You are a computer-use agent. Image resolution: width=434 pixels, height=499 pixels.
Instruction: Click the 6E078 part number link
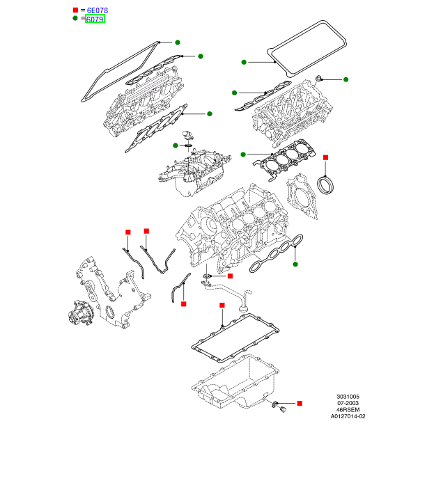(97, 11)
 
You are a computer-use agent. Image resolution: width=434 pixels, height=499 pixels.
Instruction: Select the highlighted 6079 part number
(95, 19)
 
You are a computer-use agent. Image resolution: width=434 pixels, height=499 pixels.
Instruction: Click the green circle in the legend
(76, 19)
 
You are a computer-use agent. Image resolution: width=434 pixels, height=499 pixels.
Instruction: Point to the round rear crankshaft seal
(325, 186)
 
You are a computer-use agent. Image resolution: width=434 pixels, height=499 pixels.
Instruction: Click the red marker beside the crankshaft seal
(325, 158)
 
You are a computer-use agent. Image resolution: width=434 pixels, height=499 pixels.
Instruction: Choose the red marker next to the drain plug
(300, 404)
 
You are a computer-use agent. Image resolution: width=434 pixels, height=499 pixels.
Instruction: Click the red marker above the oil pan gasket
(222, 306)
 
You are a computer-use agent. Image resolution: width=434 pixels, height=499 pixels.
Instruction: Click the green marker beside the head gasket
(243, 154)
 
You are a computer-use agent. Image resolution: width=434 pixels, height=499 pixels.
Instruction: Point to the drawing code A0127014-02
(348, 416)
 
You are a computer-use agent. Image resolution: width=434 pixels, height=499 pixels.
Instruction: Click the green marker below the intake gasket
(295, 264)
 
